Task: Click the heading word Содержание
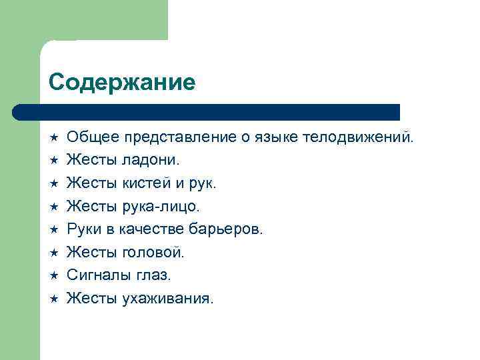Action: coord(122,82)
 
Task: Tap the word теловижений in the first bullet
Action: coord(358,138)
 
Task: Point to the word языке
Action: coord(276,138)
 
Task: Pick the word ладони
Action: coord(152,161)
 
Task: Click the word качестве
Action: coord(151,229)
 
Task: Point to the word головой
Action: coord(155,252)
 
